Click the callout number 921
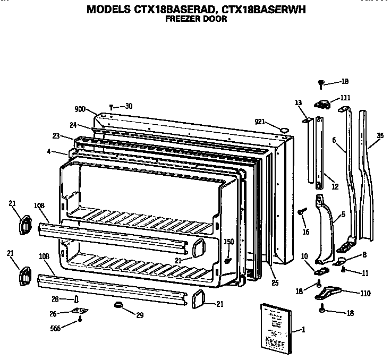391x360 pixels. click(260, 122)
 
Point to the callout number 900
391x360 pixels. click(80, 109)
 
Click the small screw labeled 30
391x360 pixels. click(111, 106)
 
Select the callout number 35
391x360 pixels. click(379, 136)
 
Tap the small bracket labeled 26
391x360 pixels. click(81, 312)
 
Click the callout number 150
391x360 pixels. click(229, 242)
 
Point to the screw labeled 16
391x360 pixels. click(302, 212)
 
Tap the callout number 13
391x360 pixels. click(298, 102)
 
